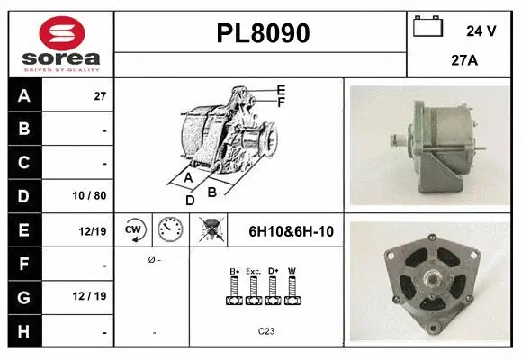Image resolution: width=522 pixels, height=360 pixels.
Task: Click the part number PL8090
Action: click(263, 33)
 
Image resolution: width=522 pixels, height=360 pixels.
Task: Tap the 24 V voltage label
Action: click(481, 31)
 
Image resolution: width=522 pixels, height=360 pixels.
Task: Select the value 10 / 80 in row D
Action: click(92, 194)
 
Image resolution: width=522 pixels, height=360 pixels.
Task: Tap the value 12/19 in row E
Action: click(93, 231)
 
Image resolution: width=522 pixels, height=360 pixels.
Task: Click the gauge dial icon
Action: click(170, 230)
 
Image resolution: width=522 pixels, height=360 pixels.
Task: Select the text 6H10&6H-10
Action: click(291, 231)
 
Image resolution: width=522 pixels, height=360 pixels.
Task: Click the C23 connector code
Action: click(266, 330)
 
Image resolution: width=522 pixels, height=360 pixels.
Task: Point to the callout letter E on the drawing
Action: click(281, 90)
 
